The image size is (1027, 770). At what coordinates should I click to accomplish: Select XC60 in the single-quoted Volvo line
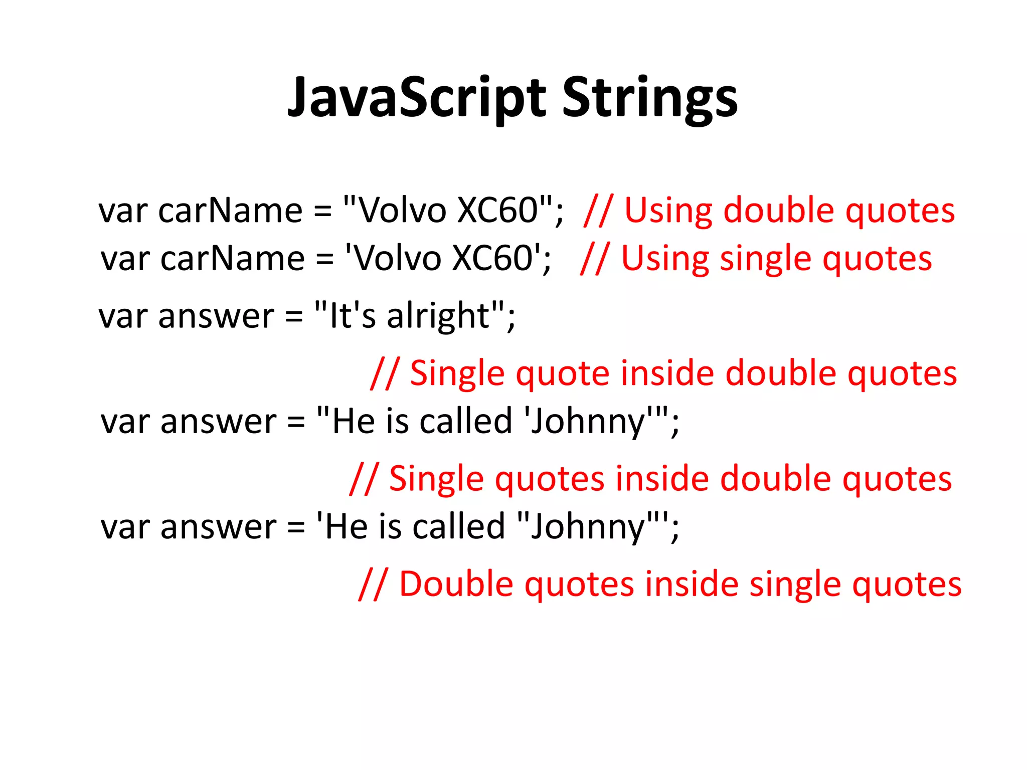492,258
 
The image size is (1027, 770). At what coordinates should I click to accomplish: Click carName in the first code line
230,210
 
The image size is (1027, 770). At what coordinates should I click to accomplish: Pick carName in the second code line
232,258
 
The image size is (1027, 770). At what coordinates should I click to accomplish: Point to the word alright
438,316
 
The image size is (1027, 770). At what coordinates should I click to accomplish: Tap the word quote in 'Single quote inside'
562,373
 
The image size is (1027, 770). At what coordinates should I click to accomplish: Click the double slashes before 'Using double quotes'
598,210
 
